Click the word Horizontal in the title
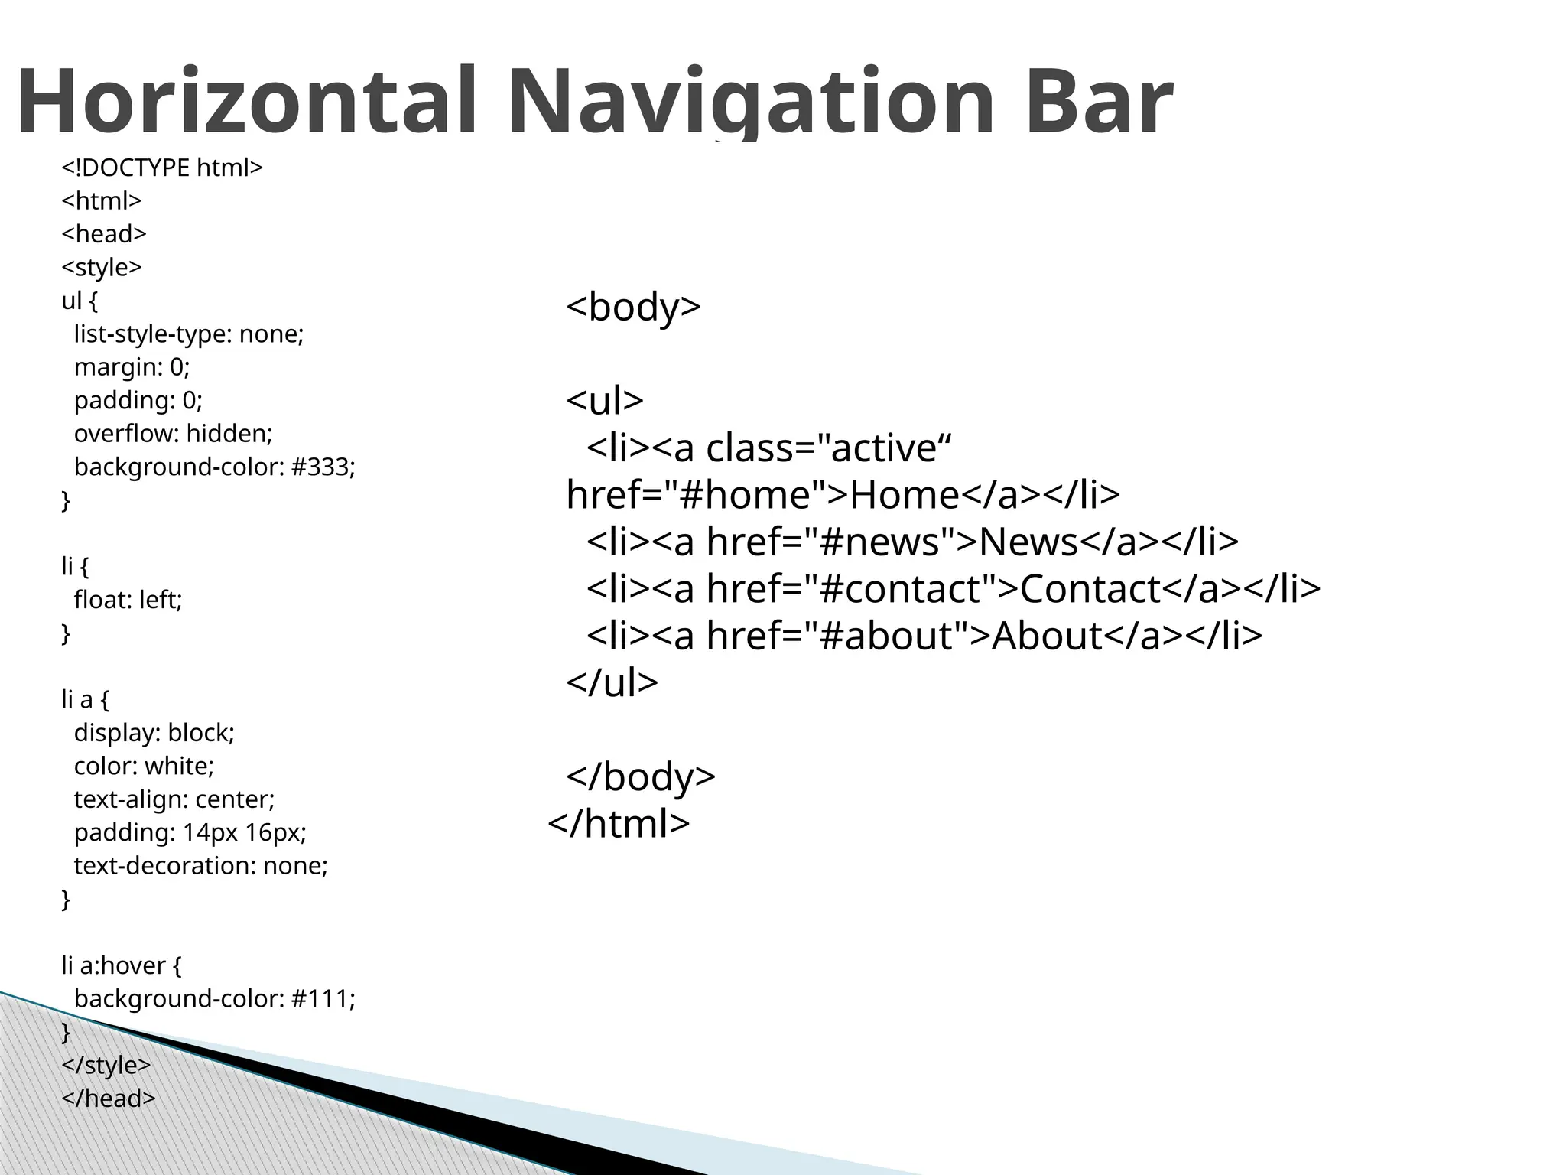tap(245, 101)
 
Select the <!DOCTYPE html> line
tap(162, 168)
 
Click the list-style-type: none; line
tap(189, 334)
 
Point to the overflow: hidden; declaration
tap(173, 434)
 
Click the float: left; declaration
tap(128, 600)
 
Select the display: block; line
tap(154, 733)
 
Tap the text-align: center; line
tap(174, 799)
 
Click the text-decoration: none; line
tap(200, 866)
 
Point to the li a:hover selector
tap(112, 965)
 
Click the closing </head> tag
tap(109, 1099)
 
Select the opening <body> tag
tap(633, 307)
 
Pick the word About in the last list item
tap(1047, 635)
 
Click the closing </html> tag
tap(619, 823)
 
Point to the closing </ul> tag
tap(612, 682)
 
